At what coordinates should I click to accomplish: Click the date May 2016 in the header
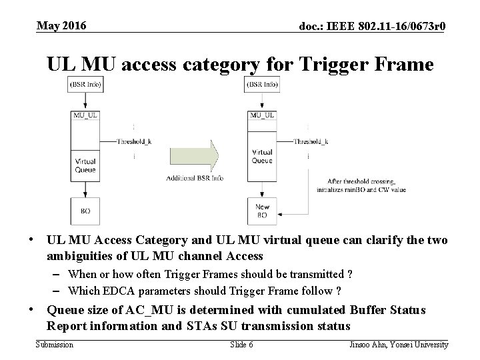click(x=61, y=25)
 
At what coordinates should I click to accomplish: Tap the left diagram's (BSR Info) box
click(x=85, y=85)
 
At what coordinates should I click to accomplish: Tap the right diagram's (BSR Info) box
click(x=263, y=85)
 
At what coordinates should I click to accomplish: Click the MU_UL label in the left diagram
click(x=85, y=115)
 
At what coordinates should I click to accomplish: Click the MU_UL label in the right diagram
click(x=263, y=115)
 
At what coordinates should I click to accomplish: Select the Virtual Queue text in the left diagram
click(x=85, y=165)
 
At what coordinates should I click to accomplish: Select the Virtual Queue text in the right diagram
click(x=263, y=157)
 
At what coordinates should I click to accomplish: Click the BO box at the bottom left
click(x=85, y=211)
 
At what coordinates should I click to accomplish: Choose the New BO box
click(x=263, y=211)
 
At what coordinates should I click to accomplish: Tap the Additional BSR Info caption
click(x=195, y=178)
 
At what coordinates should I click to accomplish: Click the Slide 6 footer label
click(x=241, y=344)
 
